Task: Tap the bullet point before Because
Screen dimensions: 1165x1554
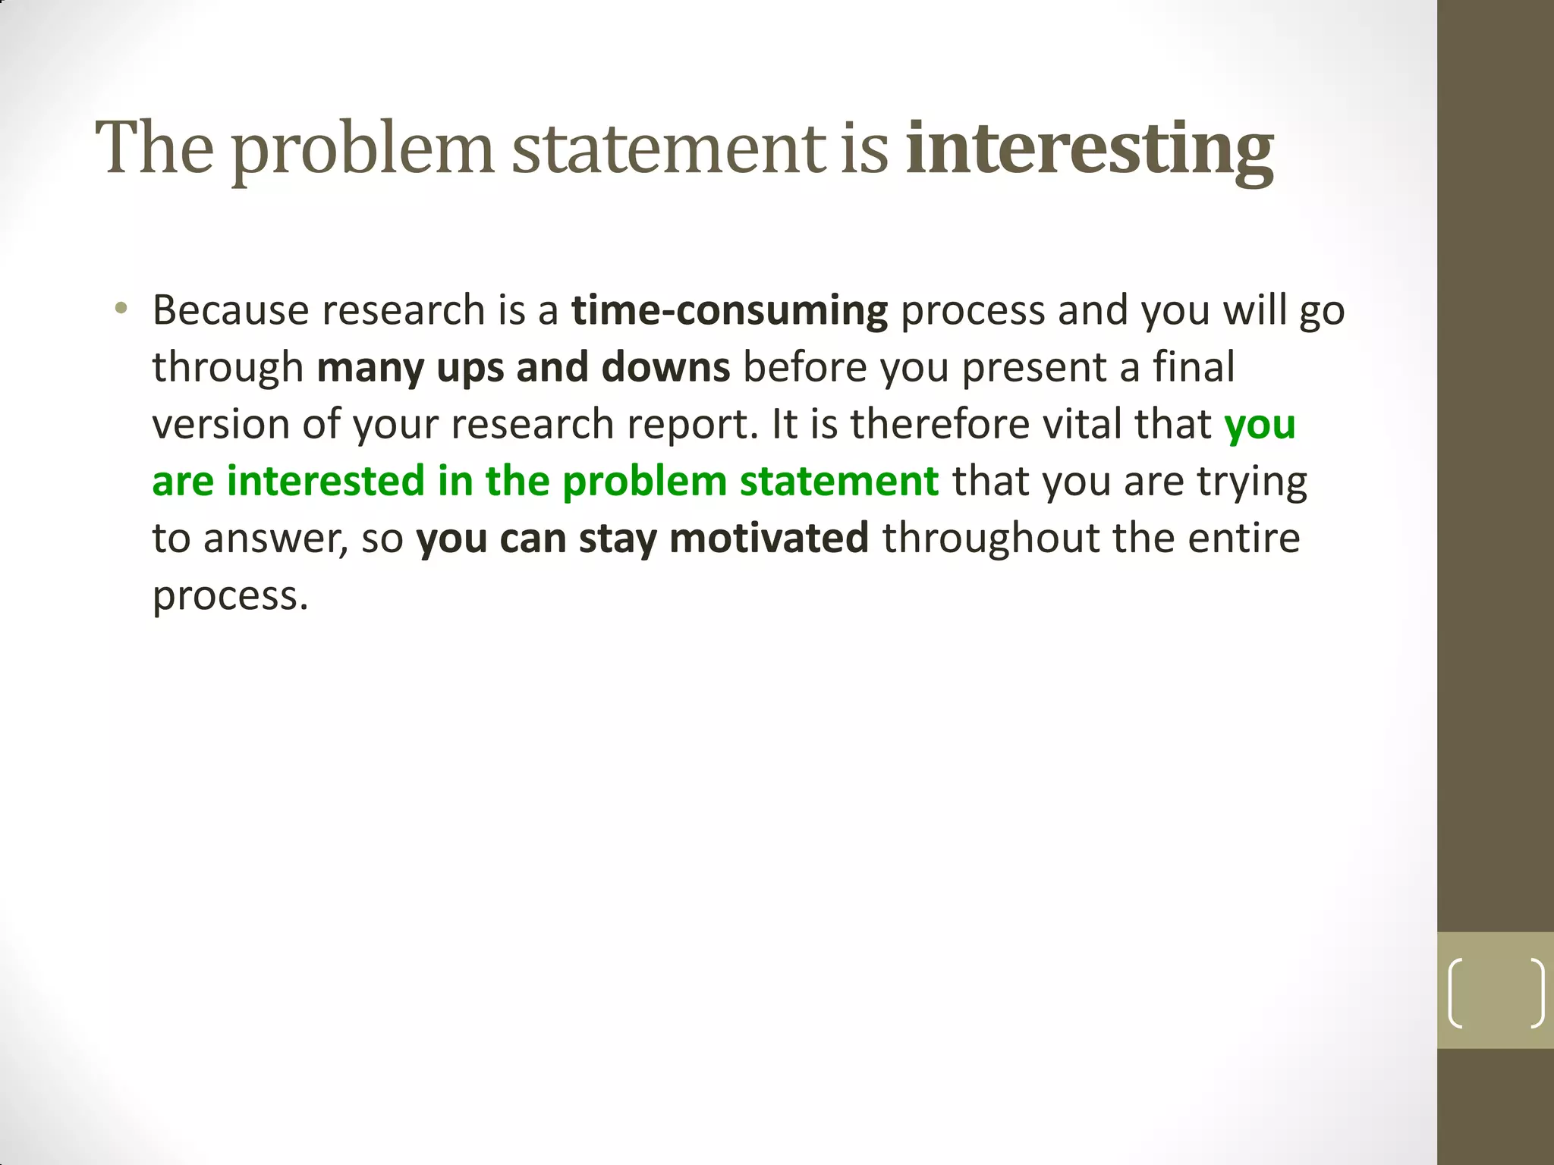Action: coord(121,309)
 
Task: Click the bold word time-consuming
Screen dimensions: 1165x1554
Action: coord(729,312)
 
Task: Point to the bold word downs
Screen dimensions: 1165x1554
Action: coord(665,368)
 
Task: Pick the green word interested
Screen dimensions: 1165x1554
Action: coord(326,482)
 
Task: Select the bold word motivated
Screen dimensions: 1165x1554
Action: coord(769,539)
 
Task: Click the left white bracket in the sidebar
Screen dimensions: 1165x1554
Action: coord(1455,993)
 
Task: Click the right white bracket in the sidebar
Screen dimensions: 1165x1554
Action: coord(1537,993)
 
